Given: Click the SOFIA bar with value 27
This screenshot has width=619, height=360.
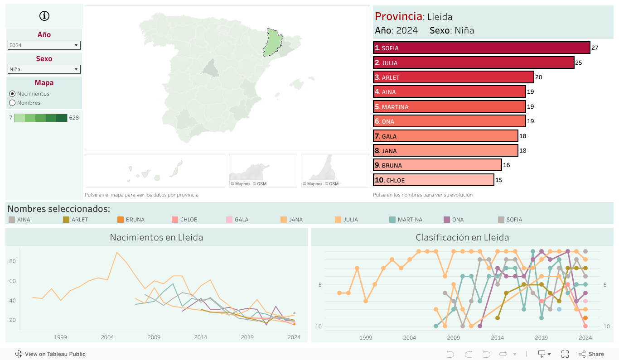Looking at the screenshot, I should click(481, 48).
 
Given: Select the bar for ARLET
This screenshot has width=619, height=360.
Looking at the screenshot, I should click(453, 77).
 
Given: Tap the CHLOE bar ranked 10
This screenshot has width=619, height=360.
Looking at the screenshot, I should click(434, 180).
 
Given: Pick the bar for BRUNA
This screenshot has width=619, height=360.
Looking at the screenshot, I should click(437, 165).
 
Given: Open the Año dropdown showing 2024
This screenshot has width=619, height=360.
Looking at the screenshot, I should click(44, 45).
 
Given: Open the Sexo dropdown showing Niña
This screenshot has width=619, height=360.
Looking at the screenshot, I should click(44, 69).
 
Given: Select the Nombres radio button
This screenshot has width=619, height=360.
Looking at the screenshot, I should click(12, 103).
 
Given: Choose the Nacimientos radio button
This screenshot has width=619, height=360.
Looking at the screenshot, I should click(12, 94).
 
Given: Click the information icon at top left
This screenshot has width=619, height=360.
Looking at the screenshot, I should click(44, 16).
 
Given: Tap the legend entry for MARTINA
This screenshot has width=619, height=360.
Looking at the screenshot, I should click(410, 220).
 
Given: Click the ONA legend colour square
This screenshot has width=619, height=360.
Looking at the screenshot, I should click(446, 220).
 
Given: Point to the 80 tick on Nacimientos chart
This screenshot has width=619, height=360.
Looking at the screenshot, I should click(12, 261).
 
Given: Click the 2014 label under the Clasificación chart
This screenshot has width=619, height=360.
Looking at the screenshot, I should click(497, 337).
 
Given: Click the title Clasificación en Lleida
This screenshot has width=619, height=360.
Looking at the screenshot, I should click(462, 237).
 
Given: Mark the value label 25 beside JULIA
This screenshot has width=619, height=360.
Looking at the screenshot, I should click(579, 63).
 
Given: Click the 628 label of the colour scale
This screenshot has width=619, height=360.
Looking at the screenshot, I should click(74, 118).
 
